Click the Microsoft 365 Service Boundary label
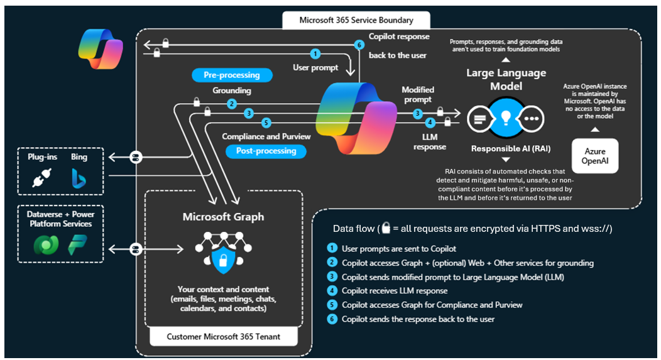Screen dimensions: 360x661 356,19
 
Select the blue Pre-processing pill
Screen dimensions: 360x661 232,75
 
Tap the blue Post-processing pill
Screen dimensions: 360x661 266,151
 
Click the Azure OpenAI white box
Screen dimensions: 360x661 595,155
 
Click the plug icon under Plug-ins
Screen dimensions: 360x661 44,178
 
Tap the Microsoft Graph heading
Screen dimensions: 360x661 223,217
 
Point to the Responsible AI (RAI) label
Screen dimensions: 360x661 505,149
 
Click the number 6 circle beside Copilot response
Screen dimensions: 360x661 359,45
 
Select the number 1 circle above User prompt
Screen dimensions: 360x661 315,55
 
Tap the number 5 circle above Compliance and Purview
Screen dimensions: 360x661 266,123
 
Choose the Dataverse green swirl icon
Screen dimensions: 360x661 46,244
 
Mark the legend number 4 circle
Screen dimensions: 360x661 332,291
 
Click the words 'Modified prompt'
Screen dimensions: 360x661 418,95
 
